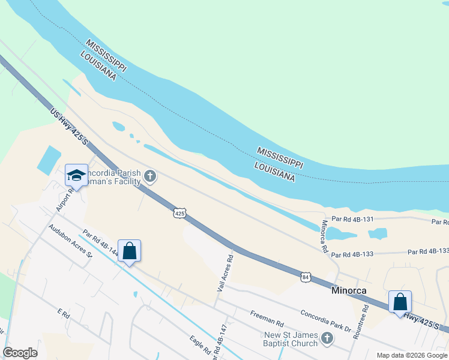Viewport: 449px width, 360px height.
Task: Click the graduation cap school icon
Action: pos(76,175)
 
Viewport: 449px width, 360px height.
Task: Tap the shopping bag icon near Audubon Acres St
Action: pos(130,251)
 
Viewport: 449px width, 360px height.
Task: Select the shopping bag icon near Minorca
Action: pos(400,302)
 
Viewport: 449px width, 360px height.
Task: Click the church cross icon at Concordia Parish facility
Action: pos(150,176)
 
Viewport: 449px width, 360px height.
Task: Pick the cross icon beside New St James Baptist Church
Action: pos(327,339)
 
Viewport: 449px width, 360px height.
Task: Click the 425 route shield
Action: pos(181,213)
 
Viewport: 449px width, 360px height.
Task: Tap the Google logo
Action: pos(20,353)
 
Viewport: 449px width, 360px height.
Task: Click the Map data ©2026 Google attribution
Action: pos(412,355)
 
